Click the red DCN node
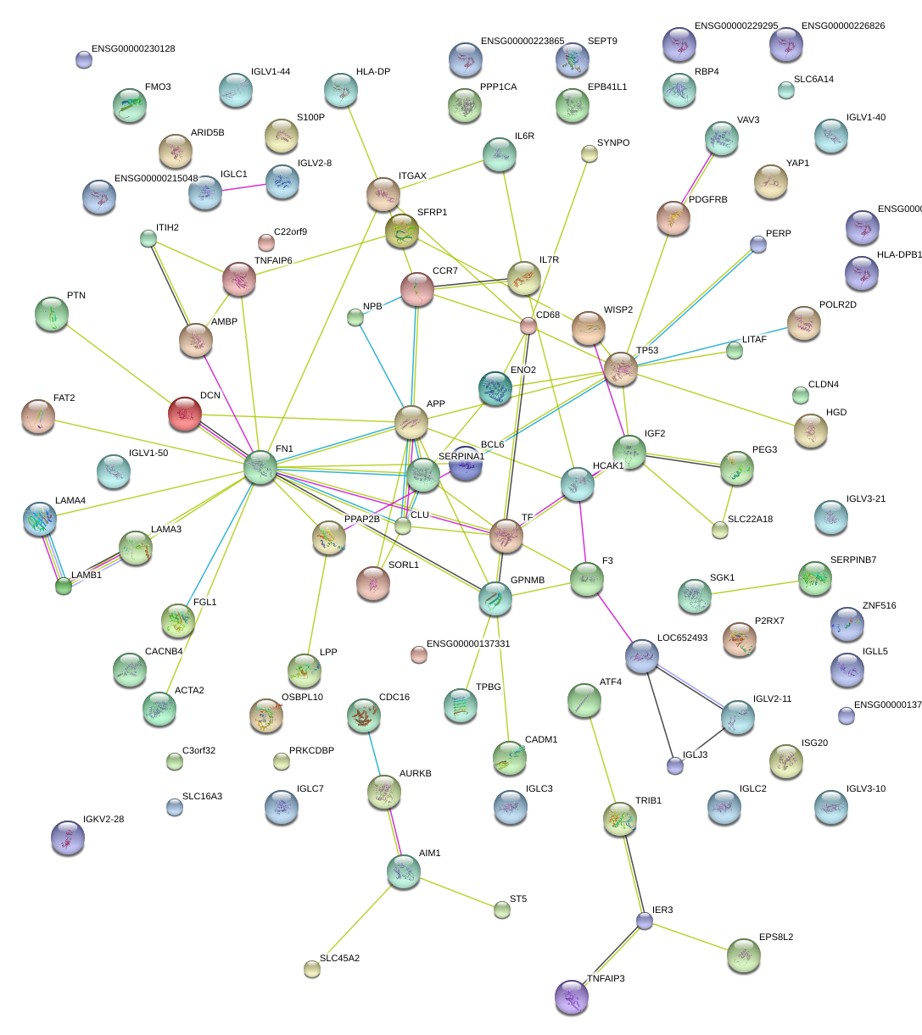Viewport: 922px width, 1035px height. [x=185, y=413]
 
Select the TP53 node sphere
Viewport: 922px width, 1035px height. [x=621, y=369]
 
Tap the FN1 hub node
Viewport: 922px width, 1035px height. [x=260, y=467]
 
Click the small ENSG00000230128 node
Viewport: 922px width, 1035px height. [x=83, y=59]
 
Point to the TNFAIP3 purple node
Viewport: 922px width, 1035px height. [x=572, y=996]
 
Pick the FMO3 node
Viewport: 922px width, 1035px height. [x=129, y=104]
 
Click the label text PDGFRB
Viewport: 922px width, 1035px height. [x=708, y=200]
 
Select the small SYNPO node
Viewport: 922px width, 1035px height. [x=589, y=153]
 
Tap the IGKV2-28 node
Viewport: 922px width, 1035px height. [x=67, y=837]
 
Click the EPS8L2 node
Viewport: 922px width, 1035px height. [x=743, y=955]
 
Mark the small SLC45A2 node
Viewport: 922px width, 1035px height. [x=312, y=969]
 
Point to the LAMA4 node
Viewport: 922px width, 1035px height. [x=41, y=519]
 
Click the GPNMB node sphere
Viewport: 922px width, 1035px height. [x=495, y=598]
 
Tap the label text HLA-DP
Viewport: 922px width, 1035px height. [x=373, y=72]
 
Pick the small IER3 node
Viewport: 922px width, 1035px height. [x=645, y=921]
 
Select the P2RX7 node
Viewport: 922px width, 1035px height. [x=739, y=638]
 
